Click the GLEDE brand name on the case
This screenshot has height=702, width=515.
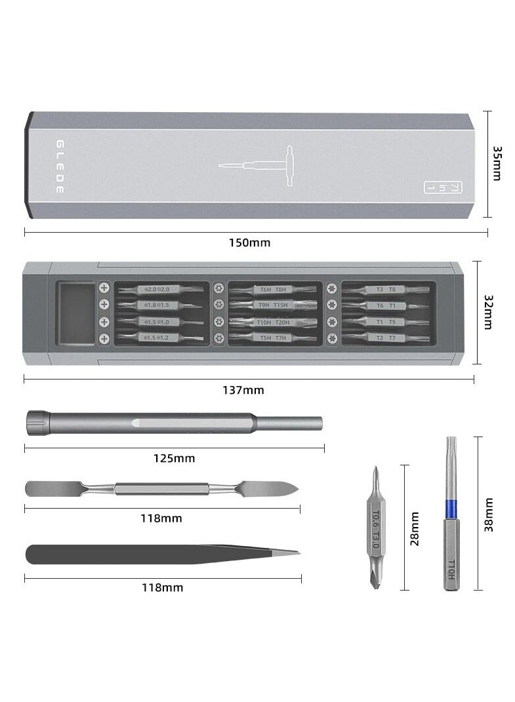point(60,166)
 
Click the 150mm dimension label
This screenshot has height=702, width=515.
point(249,242)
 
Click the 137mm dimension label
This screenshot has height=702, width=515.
point(243,390)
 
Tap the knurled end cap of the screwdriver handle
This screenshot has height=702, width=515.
point(37,422)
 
